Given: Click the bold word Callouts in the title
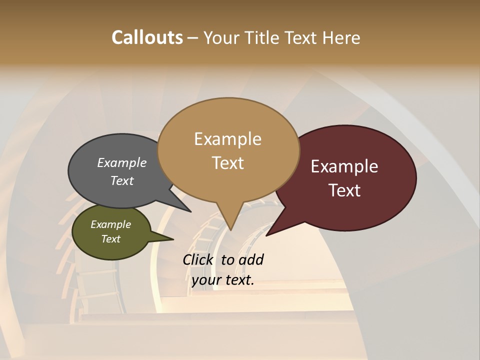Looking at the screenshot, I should coord(147,37).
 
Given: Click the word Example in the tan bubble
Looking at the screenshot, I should coord(227,139).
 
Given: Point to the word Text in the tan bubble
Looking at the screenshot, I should coord(227,163).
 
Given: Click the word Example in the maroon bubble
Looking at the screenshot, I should coord(344,166).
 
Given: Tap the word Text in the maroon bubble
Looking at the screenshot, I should coord(344,190).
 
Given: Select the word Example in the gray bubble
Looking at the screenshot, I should coord(122,163).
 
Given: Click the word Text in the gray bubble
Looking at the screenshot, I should coord(122,180).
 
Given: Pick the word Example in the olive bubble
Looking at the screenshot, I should coord(111,224).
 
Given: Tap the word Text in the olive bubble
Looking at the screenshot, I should coord(111,239).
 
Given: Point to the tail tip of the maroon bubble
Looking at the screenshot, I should coord(268,234).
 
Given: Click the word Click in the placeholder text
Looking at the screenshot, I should coord(198,260).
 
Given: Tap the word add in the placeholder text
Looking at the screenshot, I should coord(251,260).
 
